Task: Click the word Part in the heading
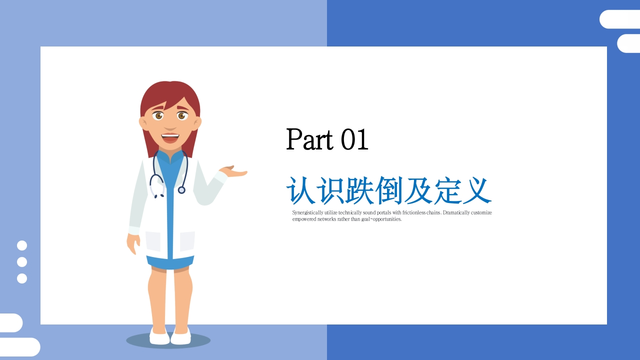309,139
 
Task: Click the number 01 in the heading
354,139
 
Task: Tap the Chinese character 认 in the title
300,190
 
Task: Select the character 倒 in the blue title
389,190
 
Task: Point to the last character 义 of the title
477,190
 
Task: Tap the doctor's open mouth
170,138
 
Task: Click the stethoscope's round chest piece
181,190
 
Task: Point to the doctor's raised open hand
233,171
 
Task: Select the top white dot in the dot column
22,245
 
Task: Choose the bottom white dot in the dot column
22,278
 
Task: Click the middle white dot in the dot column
22,262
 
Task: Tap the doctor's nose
170,125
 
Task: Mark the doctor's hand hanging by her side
133,243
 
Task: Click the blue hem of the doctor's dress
170,263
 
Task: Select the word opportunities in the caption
387,219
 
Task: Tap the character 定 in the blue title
447,190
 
